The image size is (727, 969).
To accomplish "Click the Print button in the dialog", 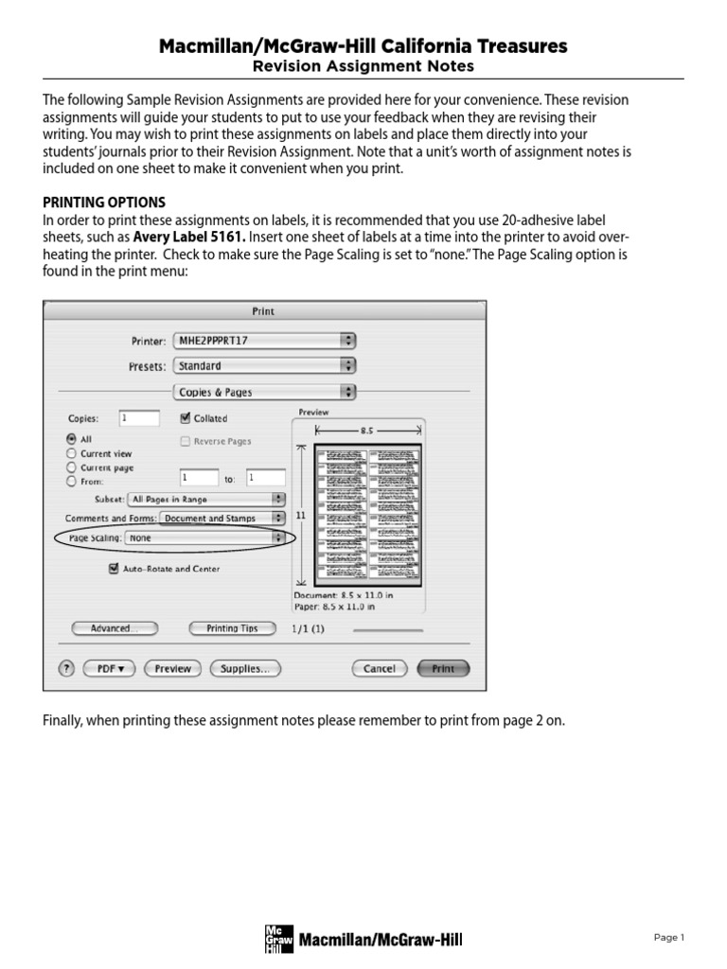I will (443, 668).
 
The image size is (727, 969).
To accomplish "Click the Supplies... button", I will (244, 668).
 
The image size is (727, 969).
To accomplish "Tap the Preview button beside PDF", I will (172, 668).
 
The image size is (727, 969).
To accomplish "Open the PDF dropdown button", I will (110, 668).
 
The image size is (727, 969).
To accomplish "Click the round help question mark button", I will (66, 668).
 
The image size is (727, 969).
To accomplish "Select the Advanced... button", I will (114, 628).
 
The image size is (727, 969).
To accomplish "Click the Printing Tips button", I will (231, 628).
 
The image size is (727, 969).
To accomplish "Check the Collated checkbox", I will (186, 417).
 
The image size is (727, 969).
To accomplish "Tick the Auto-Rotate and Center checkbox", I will (114, 569).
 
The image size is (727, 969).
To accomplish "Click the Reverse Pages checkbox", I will (186, 441).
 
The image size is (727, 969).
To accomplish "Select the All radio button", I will (71, 439).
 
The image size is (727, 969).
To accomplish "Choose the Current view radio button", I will (71, 453).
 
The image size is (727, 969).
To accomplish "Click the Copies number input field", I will (139, 417).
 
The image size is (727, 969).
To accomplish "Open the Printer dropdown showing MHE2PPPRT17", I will (264, 340).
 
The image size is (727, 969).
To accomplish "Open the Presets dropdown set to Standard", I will (264, 365).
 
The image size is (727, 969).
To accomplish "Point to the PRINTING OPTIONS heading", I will (104, 203).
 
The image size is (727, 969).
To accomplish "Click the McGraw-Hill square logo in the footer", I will (275, 938).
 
